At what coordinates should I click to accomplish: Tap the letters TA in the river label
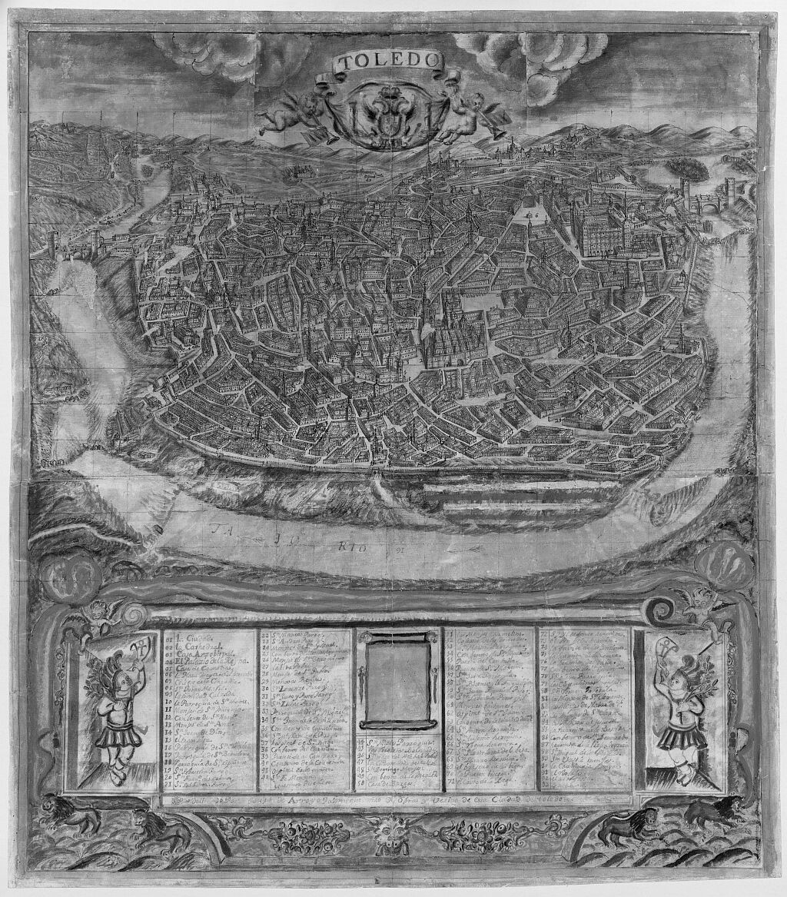222,530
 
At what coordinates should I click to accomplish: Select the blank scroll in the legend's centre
397,679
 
